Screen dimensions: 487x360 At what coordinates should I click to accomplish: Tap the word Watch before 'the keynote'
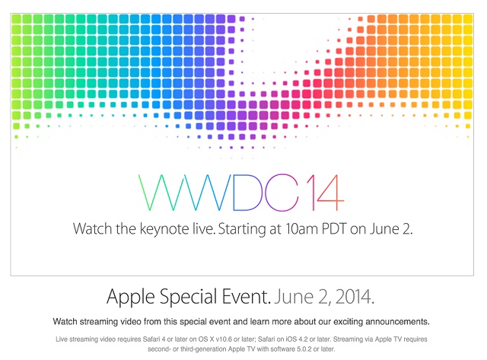click(92, 229)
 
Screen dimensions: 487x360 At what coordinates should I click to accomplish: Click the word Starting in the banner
click(242, 230)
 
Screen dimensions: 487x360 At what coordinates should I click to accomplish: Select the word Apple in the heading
click(130, 297)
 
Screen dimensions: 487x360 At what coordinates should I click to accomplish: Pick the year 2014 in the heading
click(355, 297)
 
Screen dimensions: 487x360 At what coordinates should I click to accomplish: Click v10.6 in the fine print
click(224, 339)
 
